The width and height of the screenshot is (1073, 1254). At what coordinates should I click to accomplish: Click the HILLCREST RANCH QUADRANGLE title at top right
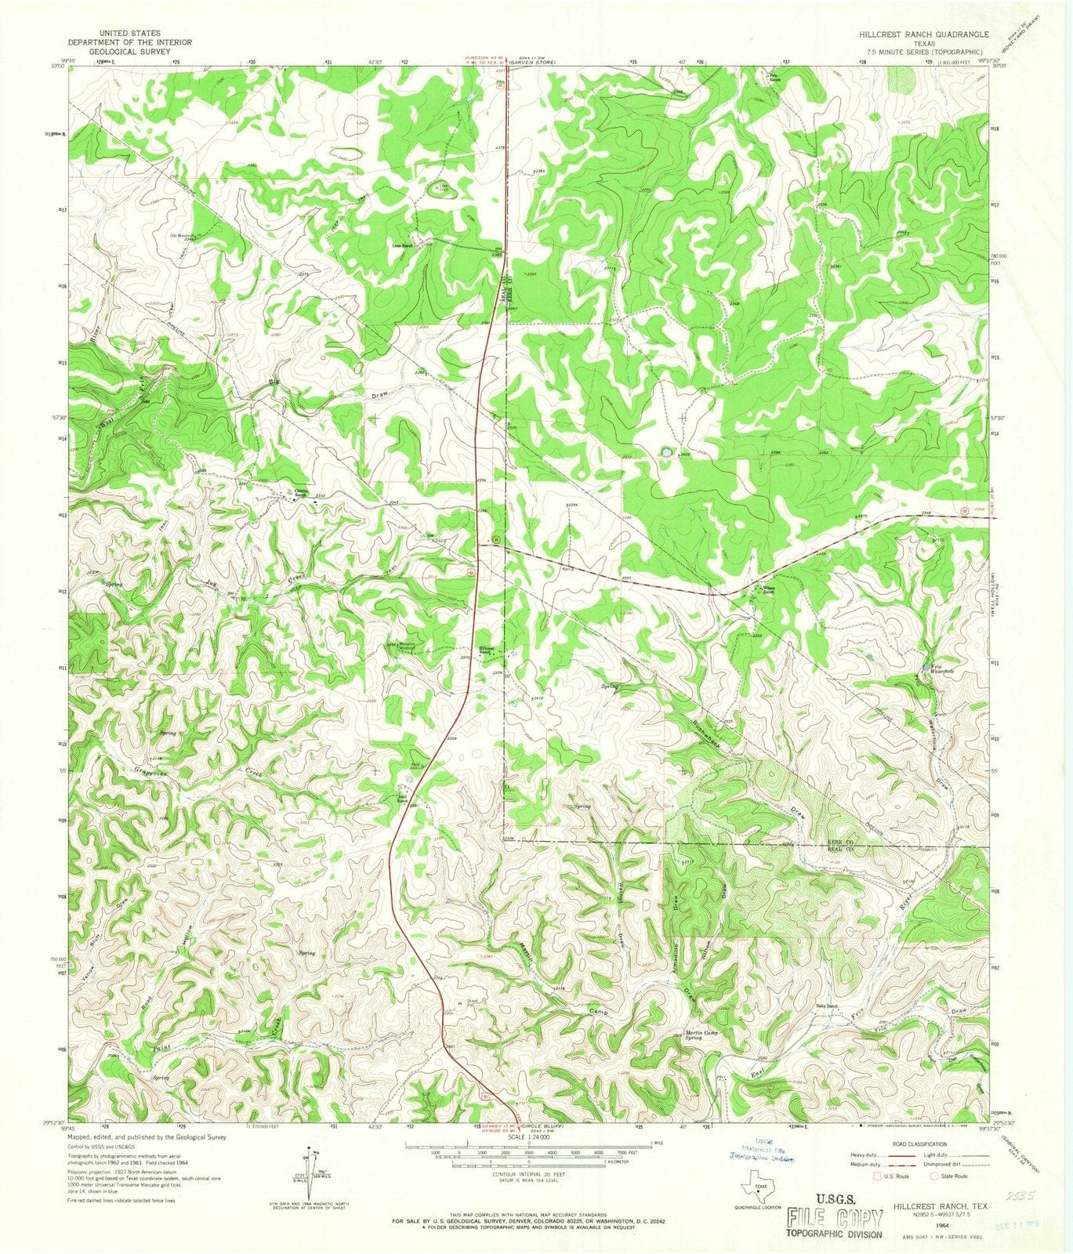coord(922,35)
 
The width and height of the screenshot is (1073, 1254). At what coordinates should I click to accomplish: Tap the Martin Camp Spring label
coord(701,1036)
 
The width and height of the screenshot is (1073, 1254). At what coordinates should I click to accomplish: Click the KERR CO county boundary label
coord(839,842)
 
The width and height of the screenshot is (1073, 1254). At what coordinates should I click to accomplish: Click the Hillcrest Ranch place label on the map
coord(487,651)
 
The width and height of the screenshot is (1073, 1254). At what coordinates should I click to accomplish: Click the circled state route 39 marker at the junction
coord(496,539)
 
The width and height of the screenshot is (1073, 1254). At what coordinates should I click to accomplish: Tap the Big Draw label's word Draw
coord(379,397)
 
